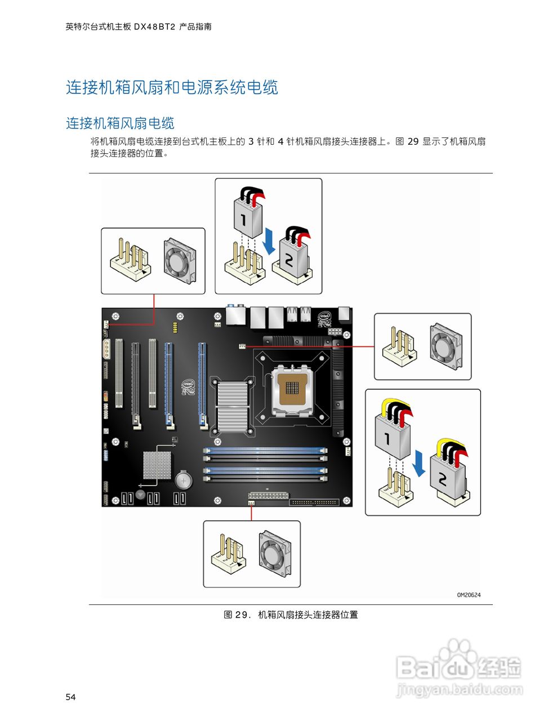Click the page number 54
70,697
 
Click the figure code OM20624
469,594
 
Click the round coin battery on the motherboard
184,480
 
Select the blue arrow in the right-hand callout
418,462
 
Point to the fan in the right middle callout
446,344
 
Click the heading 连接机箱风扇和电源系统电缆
172,88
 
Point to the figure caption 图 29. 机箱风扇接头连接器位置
291,615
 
